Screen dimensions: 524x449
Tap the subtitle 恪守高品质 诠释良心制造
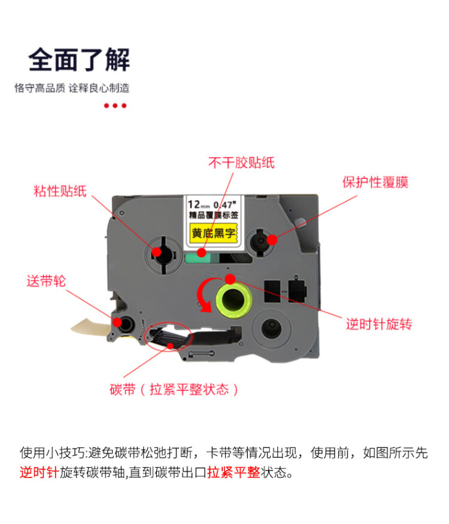72,88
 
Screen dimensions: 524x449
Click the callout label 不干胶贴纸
241,162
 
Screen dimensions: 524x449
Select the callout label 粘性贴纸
60,192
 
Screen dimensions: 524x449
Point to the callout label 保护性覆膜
375,182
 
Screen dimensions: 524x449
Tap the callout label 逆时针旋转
379,325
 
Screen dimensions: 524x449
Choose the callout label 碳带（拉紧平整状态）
174,390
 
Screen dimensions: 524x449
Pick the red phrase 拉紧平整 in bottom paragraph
233,473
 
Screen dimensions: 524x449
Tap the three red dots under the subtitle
115,106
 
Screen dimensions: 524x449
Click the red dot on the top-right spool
272,240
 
